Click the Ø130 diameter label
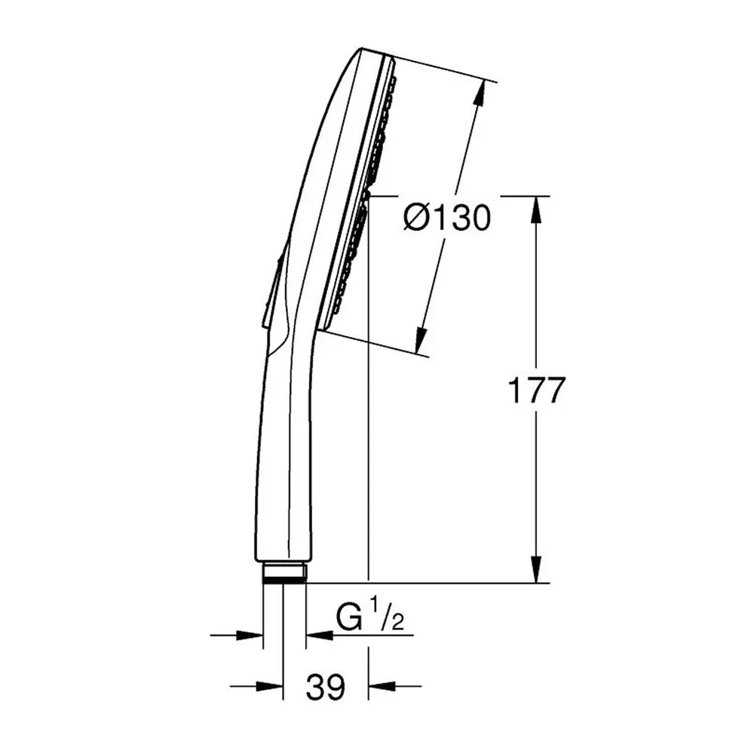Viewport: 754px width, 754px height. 447,217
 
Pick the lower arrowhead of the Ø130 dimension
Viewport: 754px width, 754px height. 421,341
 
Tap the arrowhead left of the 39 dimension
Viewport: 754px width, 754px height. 269,686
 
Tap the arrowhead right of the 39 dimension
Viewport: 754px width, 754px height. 382,686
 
